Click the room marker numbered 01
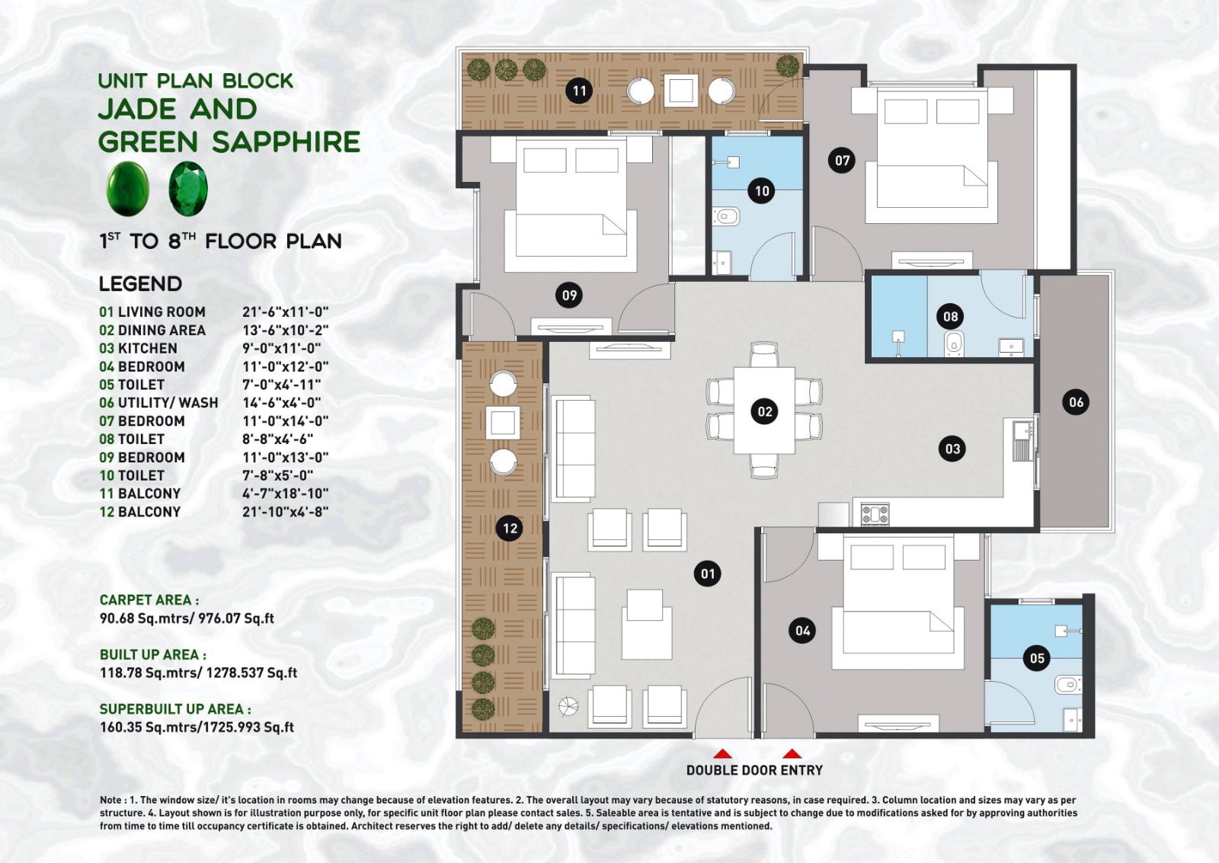pos(708,574)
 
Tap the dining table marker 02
pos(764,411)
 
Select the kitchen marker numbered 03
pos(952,449)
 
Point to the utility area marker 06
pos(1075,402)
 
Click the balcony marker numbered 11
pos(579,91)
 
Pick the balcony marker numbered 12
pos(510,528)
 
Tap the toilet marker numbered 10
pos(762,190)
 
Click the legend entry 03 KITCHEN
pos(138,348)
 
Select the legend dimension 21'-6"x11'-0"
pos(285,312)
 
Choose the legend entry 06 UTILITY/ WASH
pos(158,402)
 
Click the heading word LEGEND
pos(140,284)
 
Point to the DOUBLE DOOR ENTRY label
pos(754,770)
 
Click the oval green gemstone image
pos(127,188)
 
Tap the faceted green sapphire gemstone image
pos(187,188)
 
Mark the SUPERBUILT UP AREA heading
pos(174,709)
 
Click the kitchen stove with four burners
pos(875,513)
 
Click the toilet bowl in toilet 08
pos(955,344)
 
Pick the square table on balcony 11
pos(680,91)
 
